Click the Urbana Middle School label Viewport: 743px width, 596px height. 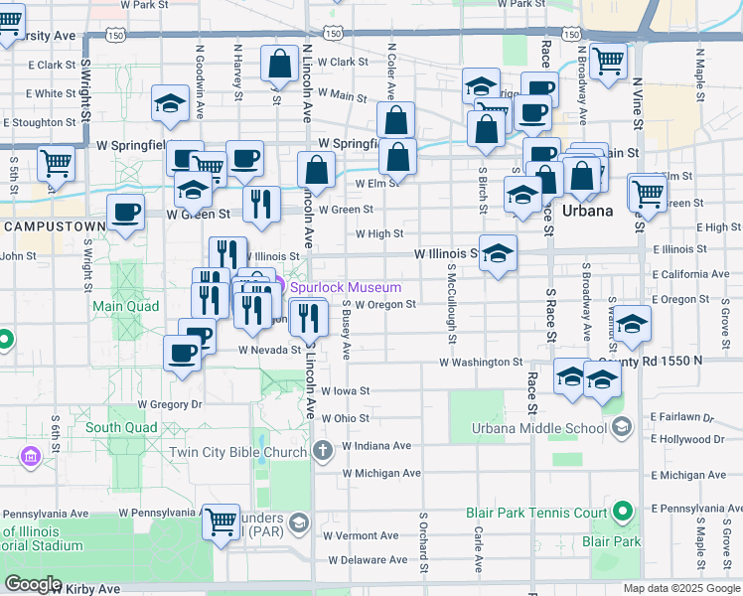click(x=537, y=428)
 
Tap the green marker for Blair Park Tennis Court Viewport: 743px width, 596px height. click(x=623, y=513)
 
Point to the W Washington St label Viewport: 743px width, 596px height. click(x=481, y=363)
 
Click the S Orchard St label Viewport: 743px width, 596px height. click(x=423, y=543)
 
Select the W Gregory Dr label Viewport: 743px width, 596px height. click(x=170, y=404)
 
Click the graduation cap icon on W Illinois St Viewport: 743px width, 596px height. click(x=498, y=252)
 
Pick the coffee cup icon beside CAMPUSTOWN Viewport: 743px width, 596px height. click(x=126, y=212)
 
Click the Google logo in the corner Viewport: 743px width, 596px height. click(x=34, y=584)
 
